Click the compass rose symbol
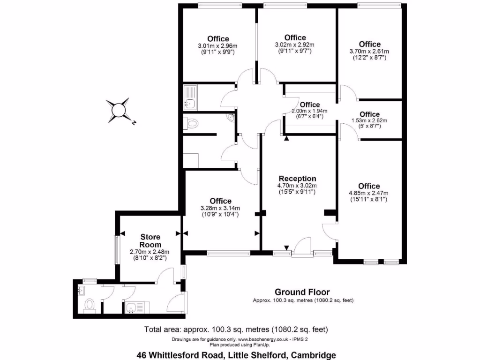[117, 110]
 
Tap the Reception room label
[297, 179]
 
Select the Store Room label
[150, 241]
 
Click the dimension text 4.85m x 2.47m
[369, 193]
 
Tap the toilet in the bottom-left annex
[89, 305]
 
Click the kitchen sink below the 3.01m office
[190, 97]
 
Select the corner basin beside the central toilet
[231, 118]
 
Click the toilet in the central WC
[192, 123]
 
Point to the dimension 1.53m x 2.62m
[369, 120]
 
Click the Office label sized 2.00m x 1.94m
[309, 105]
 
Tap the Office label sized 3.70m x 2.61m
[369, 45]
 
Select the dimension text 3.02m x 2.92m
[295, 45]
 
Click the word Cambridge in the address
[313, 355]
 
